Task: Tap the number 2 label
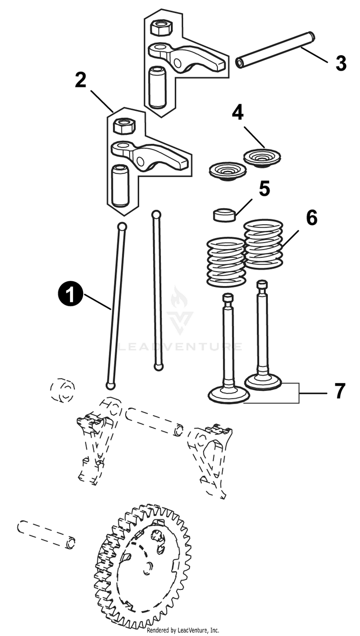tap(81, 80)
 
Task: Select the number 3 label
tap(341, 63)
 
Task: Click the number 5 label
tap(264, 189)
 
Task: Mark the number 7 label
tap(340, 391)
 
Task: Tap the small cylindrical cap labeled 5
tap(225, 215)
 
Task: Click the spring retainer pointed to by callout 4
tap(262, 156)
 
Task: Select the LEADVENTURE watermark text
tap(180, 347)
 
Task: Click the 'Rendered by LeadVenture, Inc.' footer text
tap(182, 630)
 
